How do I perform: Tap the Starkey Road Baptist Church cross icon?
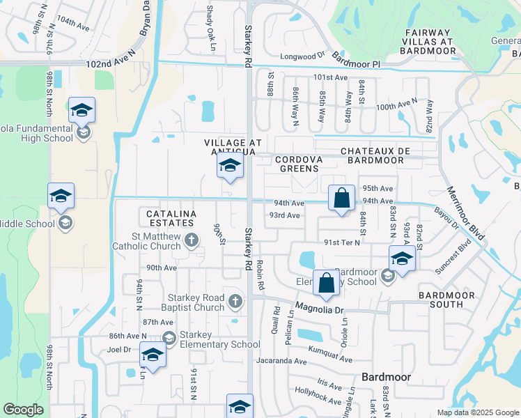coord(235,301)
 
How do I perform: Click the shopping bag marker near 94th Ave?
coord(341,199)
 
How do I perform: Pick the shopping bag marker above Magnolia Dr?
coord(325,283)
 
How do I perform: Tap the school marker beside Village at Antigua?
coord(229,167)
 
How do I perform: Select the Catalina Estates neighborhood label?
coord(169,217)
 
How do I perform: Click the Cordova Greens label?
coord(298,164)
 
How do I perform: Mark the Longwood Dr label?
coord(302,56)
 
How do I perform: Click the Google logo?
coord(23,410)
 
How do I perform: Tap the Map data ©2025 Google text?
coord(477,412)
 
